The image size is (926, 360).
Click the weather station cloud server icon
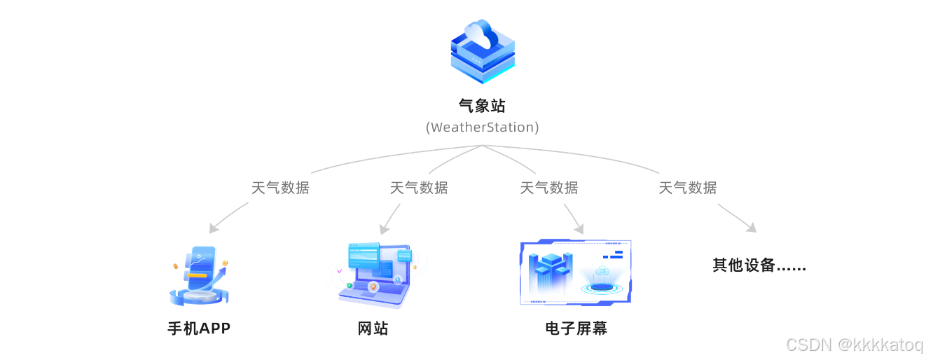482,52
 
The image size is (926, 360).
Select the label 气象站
482,106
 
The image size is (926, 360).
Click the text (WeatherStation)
482,127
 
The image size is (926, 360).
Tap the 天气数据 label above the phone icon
280,188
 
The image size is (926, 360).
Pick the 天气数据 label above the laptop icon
419,188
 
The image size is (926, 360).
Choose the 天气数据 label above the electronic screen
549,188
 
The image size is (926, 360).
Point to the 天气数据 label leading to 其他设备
688,188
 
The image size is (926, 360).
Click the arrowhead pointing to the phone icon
213,229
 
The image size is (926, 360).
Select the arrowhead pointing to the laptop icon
382,230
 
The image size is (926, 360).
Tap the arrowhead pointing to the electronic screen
579,228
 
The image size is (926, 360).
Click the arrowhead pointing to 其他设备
752,228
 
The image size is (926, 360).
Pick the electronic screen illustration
576,272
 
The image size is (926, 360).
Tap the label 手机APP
199,328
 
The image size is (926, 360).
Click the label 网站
373,328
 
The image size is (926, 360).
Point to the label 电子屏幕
576,328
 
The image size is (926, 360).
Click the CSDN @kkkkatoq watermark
855,345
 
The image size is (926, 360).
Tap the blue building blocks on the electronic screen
551,272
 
